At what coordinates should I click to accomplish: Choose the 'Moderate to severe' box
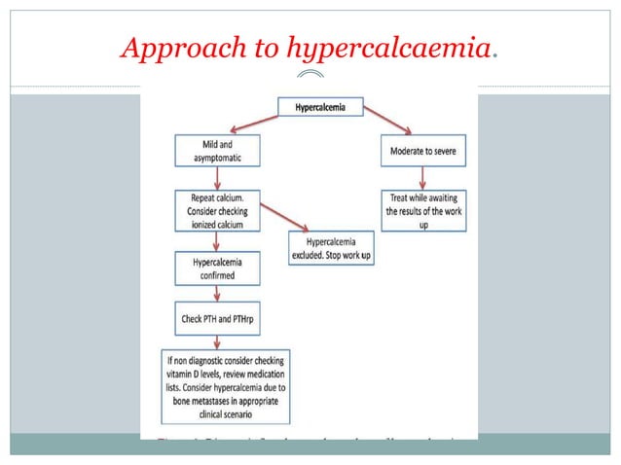click(422, 153)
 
